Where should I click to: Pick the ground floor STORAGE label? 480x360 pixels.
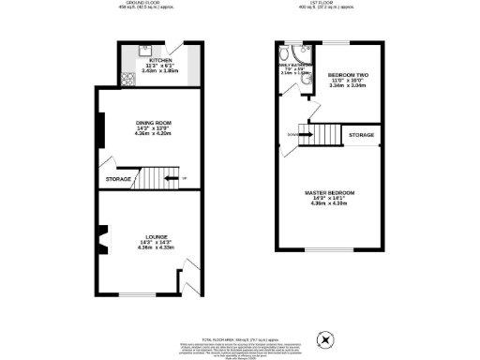(x=118, y=178)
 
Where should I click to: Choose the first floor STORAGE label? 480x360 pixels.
(x=362, y=136)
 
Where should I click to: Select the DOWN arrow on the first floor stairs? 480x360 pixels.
(x=293, y=136)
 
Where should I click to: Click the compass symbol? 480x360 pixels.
(x=325, y=338)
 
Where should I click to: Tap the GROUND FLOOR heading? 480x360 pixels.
(x=145, y=3)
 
